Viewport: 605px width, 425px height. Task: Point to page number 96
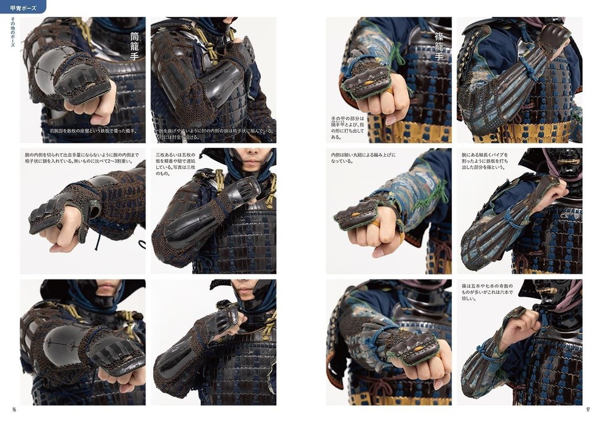14,409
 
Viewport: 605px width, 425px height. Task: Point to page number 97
587,409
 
